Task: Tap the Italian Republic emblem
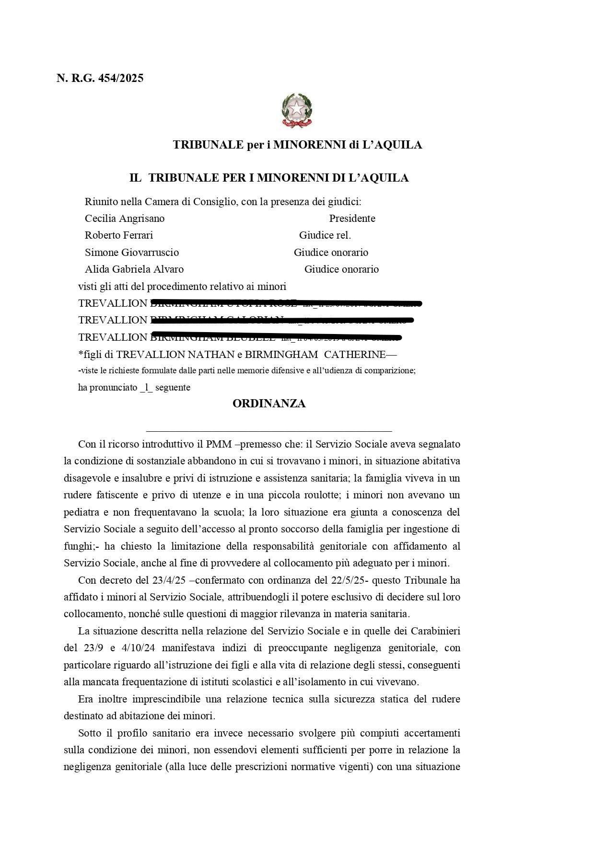[x=297, y=110]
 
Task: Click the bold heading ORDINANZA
[x=268, y=403]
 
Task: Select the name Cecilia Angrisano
[x=125, y=219]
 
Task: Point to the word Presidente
[x=352, y=219]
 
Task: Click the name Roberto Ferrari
[x=119, y=235]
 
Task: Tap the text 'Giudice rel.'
[x=325, y=235]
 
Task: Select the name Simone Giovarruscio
[x=132, y=253]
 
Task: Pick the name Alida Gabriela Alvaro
[x=134, y=269]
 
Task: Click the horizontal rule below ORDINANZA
[x=268, y=431]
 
